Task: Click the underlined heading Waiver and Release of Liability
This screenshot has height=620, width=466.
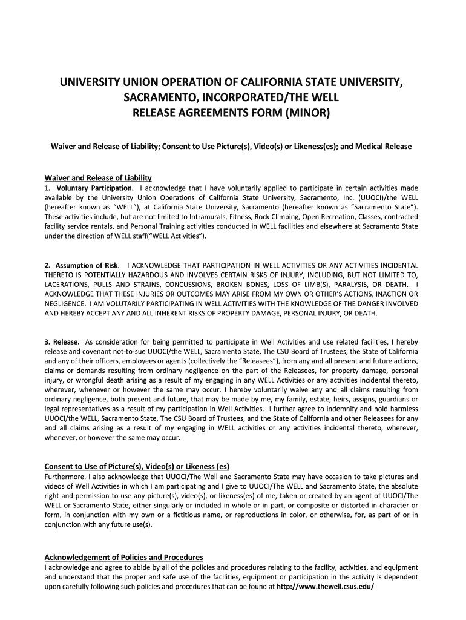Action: tap(98, 178)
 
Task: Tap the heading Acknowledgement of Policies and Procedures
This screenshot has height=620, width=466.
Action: tap(124, 557)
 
